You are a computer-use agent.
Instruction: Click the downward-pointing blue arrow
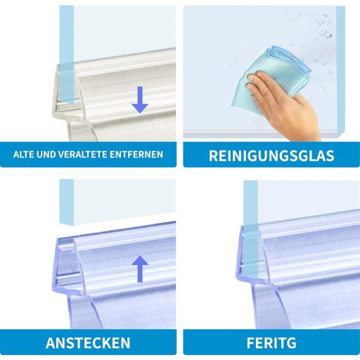[x=140, y=100]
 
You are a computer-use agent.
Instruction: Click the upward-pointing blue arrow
[x=140, y=269]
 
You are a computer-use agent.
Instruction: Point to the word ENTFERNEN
[x=136, y=155]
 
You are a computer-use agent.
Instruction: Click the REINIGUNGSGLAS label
[x=271, y=155]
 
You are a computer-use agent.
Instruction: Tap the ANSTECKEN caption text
[x=88, y=343]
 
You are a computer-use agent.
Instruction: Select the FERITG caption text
[x=271, y=343]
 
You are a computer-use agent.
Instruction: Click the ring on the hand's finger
[x=252, y=94]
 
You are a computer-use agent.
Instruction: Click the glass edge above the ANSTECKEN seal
[x=67, y=202]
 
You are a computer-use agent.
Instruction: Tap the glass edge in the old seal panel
[x=67, y=54]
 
